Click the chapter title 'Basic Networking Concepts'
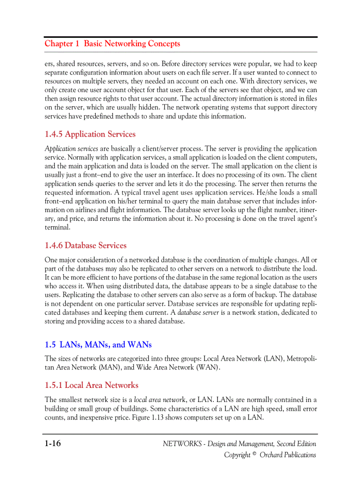(132, 44)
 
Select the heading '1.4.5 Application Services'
(90, 134)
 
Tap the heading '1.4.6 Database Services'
(86, 246)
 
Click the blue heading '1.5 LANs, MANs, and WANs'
(98, 345)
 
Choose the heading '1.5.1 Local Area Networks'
(91, 385)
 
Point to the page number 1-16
(52, 443)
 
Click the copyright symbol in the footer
(254, 454)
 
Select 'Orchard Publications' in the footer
(288, 455)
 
